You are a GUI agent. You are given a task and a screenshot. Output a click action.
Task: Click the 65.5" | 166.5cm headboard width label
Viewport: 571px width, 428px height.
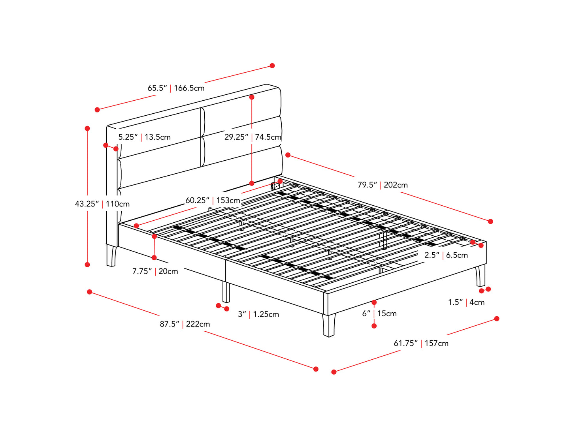point(176,88)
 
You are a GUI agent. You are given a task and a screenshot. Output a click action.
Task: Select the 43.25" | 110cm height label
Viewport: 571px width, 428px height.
point(102,204)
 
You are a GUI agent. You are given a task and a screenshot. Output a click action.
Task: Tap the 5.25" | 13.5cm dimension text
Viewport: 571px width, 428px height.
point(145,137)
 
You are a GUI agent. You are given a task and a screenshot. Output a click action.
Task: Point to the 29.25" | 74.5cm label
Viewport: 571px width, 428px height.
point(253,137)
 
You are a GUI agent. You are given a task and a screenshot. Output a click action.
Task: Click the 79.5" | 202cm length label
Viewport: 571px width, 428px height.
point(383,185)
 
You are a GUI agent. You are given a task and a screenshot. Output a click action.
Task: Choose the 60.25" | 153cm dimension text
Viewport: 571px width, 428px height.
point(213,201)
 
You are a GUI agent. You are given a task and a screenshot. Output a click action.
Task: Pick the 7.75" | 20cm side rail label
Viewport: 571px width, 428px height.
point(155,271)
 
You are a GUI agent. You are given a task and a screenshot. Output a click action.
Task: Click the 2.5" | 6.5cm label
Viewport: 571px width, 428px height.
point(446,255)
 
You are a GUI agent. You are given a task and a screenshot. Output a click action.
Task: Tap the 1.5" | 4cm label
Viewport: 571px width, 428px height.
point(466,302)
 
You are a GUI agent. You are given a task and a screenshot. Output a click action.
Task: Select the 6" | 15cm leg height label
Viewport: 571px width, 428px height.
point(379,313)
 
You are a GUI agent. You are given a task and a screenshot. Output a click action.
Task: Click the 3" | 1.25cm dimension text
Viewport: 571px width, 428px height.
point(258,314)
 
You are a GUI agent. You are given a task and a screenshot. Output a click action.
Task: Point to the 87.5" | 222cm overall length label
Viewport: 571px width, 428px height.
point(185,324)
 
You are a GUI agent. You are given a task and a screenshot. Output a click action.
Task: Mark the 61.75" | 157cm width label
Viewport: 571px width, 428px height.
point(421,344)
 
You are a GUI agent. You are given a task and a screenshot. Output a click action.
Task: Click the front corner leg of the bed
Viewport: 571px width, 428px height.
point(329,325)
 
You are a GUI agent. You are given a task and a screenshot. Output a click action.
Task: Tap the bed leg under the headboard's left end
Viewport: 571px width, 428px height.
point(111,255)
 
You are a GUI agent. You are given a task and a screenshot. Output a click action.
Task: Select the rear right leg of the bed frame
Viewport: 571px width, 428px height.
point(481,276)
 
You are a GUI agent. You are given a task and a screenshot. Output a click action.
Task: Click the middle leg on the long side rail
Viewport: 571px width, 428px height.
point(226,292)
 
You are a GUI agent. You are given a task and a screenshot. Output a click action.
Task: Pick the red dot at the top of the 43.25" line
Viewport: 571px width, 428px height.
point(87,128)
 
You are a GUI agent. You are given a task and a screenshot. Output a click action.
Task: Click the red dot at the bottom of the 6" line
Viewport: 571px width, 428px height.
point(374,326)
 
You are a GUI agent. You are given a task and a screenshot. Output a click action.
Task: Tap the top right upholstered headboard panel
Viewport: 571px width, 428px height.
point(242,103)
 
